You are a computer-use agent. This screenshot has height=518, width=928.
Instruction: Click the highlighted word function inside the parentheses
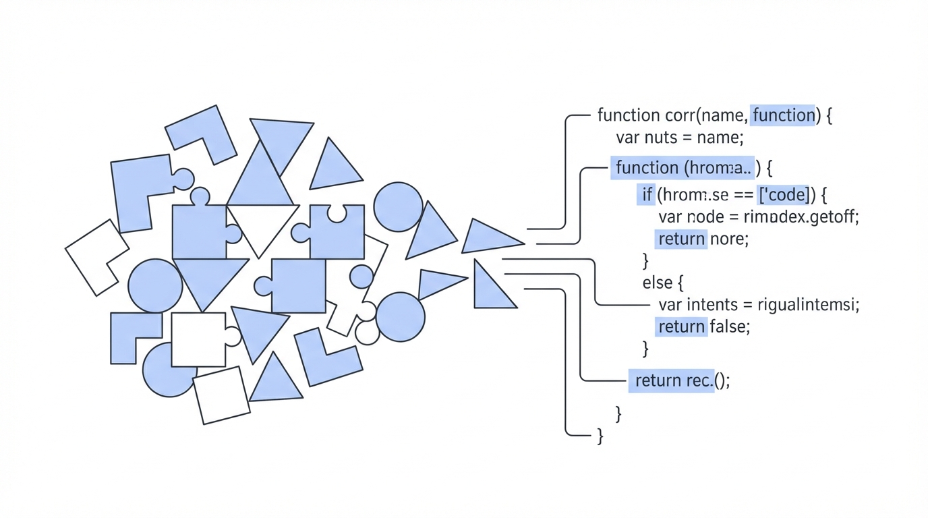(x=783, y=115)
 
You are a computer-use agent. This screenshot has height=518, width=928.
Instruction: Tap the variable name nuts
(x=664, y=138)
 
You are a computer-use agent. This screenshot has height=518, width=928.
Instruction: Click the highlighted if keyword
(x=647, y=195)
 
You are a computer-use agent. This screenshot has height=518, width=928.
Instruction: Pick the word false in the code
(x=729, y=326)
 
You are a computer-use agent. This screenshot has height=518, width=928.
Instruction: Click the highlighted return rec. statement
(x=672, y=380)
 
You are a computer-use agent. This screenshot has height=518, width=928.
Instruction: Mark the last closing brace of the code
(x=600, y=436)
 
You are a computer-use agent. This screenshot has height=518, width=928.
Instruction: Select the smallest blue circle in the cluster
(x=361, y=277)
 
